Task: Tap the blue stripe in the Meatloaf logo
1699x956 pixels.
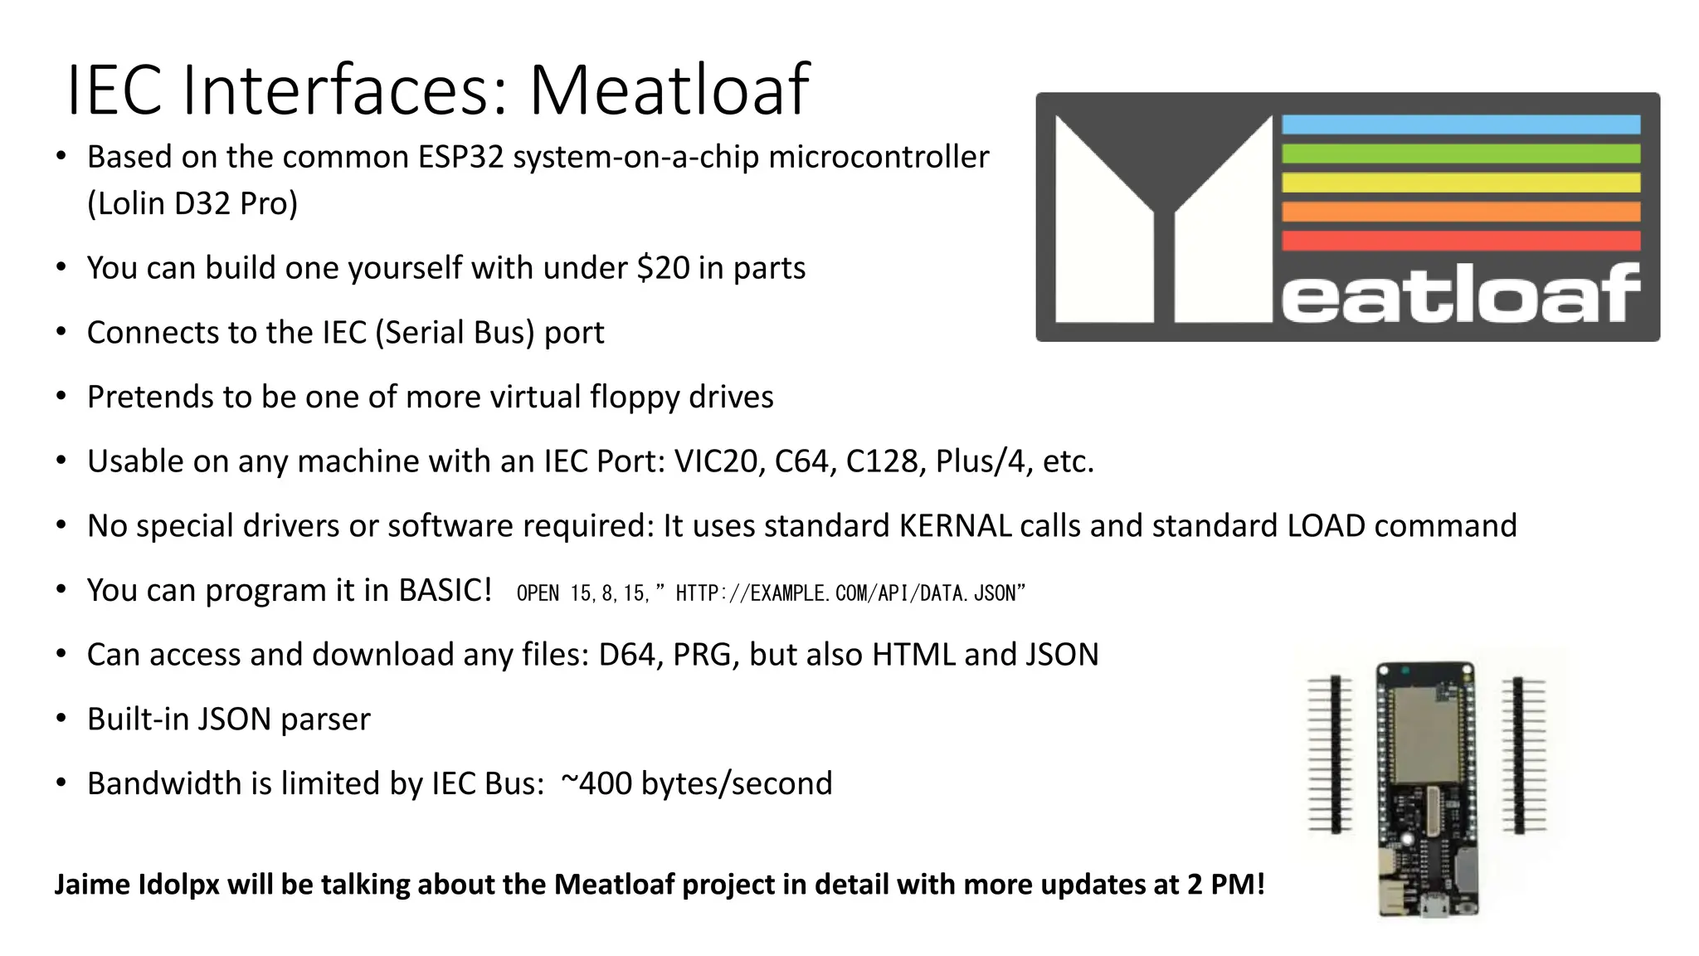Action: click(1460, 124)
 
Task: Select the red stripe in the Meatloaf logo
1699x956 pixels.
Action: click(1460, 241)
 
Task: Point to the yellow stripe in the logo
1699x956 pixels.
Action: click(1460, 183)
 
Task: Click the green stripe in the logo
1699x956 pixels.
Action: click(1460, 154)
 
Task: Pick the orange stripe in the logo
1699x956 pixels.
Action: click(1460, 212)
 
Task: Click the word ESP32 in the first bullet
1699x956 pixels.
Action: click(460, 157)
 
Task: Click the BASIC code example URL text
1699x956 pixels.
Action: click(849, 593)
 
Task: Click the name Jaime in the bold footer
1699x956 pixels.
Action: click(91, 885)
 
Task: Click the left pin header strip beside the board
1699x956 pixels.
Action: click(1335, 754)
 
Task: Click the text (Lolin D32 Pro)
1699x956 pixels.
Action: click(192, 203)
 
